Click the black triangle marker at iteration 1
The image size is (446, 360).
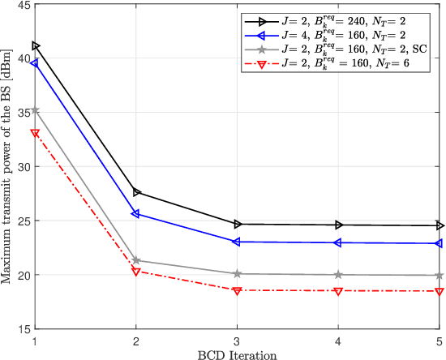(x=35, y=46)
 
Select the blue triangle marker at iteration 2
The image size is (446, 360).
(x=135, y=214)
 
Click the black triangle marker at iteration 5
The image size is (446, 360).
(x=439, y=225)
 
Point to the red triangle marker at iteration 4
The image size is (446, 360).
(x=338, y=290)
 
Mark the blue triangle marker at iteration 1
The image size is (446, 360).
(x=35, y=63)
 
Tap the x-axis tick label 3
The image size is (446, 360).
(x=237, y=341)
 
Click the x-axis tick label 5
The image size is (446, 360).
(x=439, y=341)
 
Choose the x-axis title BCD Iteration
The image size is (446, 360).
(x=237, y=354)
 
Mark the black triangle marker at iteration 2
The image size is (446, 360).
(x=135, y=192)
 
